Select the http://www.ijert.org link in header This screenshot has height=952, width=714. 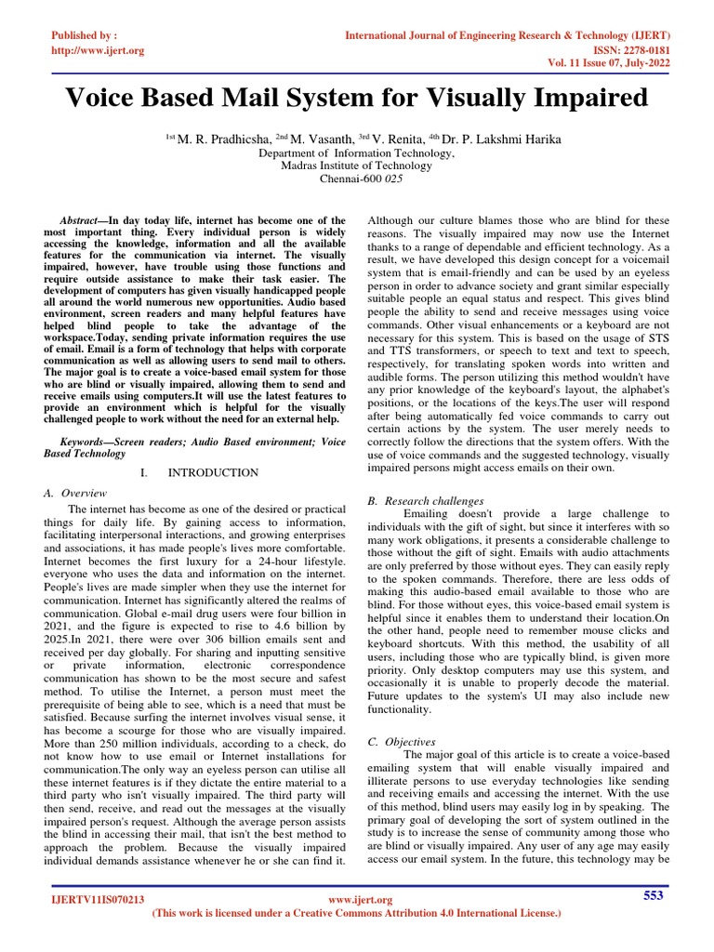pyautogui.click(x=97, y=50)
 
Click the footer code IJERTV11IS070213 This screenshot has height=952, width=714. pyautogui.click(x=97, y=900)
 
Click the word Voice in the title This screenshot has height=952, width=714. pyautogui.click(x=104, y=98)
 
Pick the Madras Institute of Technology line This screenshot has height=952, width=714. pyautogui.click(x=356, y=165)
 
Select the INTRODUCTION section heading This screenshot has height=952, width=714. pyautogui.click(x=213, y=473)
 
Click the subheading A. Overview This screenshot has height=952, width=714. pyautogui.click(x=75, y=493)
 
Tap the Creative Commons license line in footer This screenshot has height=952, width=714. pyautogui.click(x=356, y=914)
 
